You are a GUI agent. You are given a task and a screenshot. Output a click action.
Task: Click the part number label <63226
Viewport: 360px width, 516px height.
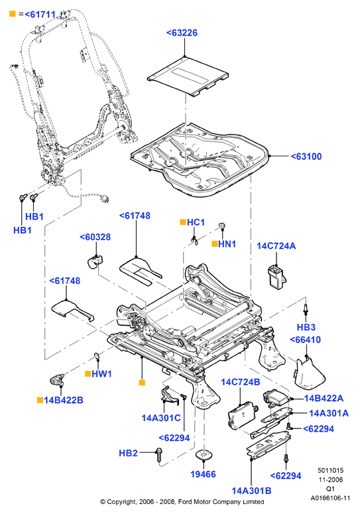coord(182,33)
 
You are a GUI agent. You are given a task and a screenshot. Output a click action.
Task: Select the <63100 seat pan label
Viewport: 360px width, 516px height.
coord(306,157)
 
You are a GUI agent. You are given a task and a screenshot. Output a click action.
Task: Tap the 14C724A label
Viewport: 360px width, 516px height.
coord(276,246)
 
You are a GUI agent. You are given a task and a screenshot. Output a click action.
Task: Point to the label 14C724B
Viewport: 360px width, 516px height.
coord(241,382)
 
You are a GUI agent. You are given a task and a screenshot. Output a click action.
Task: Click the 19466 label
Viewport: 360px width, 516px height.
coord(203,474)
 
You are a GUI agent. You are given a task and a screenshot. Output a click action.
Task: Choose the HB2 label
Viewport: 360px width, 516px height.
coord(128,453)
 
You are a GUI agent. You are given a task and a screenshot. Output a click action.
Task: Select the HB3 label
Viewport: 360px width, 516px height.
coord(306,327)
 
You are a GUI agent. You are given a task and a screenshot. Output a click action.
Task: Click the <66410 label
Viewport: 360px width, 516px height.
coord(305,340)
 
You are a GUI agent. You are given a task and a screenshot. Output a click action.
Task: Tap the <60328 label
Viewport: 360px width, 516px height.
coord(95,237)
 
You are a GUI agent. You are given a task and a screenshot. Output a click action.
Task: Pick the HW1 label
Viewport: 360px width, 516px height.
coord(101,374)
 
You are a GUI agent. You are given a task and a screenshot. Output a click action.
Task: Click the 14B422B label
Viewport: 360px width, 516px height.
coord(64,400)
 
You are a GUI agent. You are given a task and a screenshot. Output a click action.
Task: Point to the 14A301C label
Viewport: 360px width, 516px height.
coord(161,418)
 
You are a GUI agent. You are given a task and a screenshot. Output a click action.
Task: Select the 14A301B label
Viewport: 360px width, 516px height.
coord(251,491)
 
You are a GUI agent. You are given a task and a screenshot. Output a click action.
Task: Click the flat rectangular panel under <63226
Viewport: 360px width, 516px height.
coord(188,76)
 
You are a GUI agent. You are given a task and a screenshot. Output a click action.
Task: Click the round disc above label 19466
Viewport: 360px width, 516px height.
coord(204,455)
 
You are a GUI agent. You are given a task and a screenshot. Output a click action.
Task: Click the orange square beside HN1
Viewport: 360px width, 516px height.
coord(215,243)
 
